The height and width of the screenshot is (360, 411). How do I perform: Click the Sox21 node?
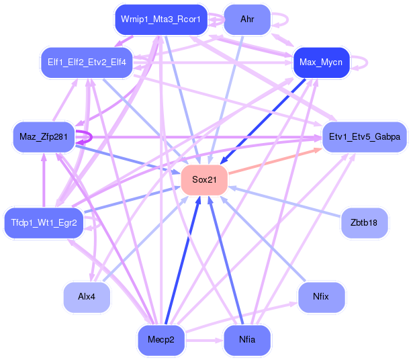[204, 180]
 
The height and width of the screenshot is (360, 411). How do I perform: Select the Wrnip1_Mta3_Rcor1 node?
[161, 19]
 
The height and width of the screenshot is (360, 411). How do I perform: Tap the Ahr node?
[247, 19]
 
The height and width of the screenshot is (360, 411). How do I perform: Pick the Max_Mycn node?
[321, 62]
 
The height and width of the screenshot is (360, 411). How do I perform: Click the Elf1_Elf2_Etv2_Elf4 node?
[87, 62]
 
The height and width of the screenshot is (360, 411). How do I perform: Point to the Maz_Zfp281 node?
[44, 137]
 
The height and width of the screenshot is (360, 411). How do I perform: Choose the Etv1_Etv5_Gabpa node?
[365, 137]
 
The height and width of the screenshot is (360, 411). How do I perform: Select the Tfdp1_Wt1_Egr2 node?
[44, 223]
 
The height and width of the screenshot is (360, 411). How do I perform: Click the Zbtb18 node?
[364, 223]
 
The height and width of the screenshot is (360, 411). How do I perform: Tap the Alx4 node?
[87, 298]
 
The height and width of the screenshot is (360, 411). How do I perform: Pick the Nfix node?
[321, 298]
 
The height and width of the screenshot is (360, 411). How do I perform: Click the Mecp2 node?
[161, 341]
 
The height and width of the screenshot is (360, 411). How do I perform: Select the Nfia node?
[247, 341]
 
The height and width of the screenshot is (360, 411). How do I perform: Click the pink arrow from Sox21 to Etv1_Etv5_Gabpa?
[275, 161]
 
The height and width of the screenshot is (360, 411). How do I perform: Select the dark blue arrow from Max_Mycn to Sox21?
[263, 122]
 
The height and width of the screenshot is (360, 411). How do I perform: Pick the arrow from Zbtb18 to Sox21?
[284, 201]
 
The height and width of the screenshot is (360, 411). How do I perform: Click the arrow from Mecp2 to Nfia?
[204, 341]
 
